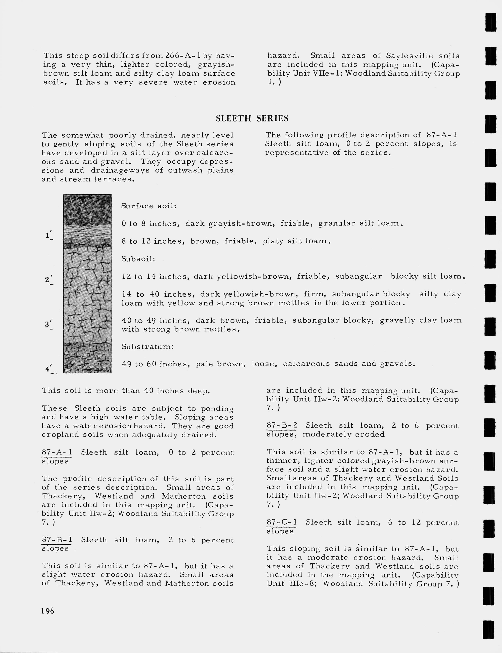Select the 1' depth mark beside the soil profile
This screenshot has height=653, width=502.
point(49,235)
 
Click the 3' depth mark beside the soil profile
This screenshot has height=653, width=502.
point(49,324)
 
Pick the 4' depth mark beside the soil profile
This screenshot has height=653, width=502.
point(49,369)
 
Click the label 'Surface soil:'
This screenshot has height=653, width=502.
point(149,206)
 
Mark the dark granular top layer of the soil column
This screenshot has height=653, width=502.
point(87,209)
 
